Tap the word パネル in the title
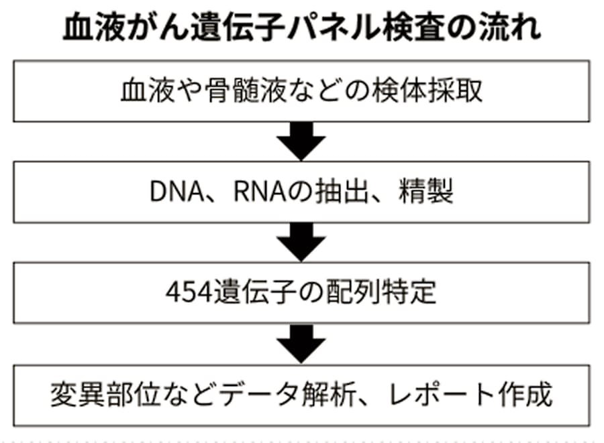tap(330, 28)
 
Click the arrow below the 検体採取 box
tap(301, 141)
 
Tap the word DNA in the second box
tap(177, 192)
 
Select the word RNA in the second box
tap(260, 192)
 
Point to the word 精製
tap(426, 192)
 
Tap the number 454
tap(189, 292)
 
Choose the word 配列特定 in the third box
tap(381, 292)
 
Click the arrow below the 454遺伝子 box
tap(301, 344)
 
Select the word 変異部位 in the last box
tap(105, 395)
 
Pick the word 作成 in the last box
tap(525, 395)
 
